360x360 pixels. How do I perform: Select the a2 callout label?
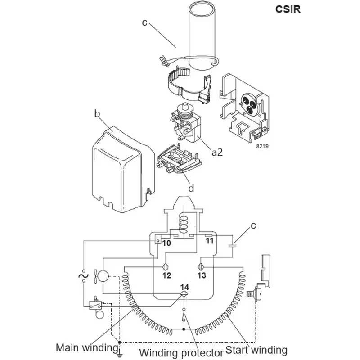click(x=217, y=153)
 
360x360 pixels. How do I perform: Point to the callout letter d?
click(x=191, y=188)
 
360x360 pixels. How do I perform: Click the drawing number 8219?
click(x=262, y=146)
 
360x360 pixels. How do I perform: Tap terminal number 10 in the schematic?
click(x=167, y=243)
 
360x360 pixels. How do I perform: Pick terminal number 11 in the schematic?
click(x=209, y=241)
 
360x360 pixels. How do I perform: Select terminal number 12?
click(x=167, y=275)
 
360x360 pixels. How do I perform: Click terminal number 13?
click(x=201, y=275)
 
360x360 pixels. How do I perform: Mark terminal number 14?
click(x=184, y=287)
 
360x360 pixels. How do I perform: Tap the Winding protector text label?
click(x=181, y=352)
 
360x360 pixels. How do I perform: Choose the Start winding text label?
click(x=256, y=350)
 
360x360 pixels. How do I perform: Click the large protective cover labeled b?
click(x=121, y=169)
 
